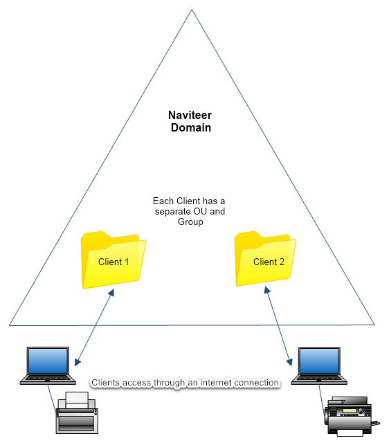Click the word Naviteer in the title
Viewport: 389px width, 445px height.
point(190,115)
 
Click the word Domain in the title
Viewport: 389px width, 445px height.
point(191,128)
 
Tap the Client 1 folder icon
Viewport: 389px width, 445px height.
point(114,260)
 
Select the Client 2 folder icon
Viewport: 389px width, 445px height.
point(265,259)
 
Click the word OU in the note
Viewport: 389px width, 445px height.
point(200,212)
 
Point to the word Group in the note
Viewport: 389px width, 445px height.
point(190,222)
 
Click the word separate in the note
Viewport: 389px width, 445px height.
point(173,212)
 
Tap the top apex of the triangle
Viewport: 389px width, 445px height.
point(192,10)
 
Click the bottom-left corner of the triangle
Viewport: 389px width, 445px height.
point(10,325)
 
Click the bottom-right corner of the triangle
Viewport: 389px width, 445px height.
point(374,325)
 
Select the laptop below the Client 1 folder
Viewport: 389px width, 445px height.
point(48,365)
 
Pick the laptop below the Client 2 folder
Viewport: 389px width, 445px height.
point(319,366)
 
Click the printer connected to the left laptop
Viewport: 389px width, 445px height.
point(77,412)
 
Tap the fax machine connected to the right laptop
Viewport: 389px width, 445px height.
point(352,417)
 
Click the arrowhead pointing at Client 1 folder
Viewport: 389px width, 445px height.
point(111,293)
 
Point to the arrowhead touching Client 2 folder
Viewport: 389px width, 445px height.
point(267,290)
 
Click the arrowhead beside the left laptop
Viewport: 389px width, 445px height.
point(78,362)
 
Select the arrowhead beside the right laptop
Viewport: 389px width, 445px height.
point(289,362)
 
